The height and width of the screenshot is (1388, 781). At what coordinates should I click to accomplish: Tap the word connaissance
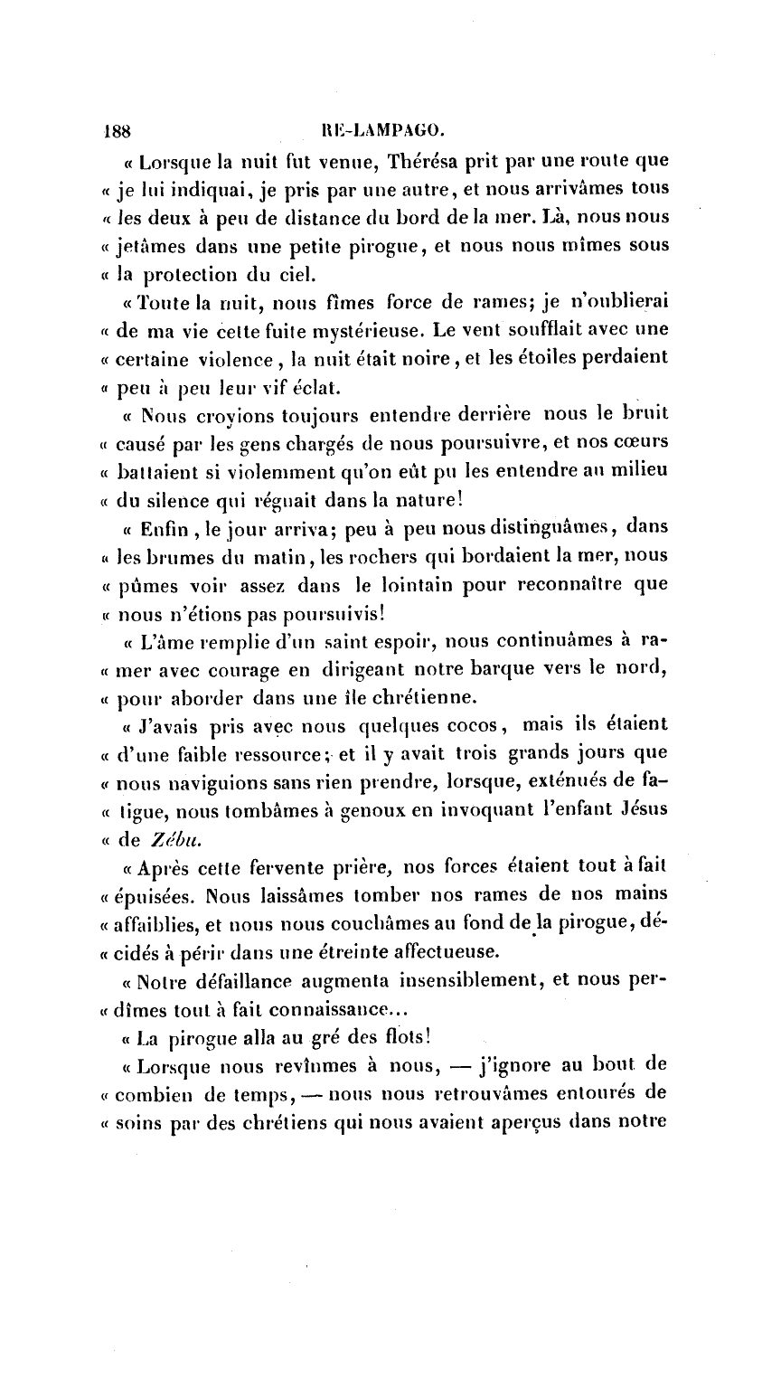(308, 1006)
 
